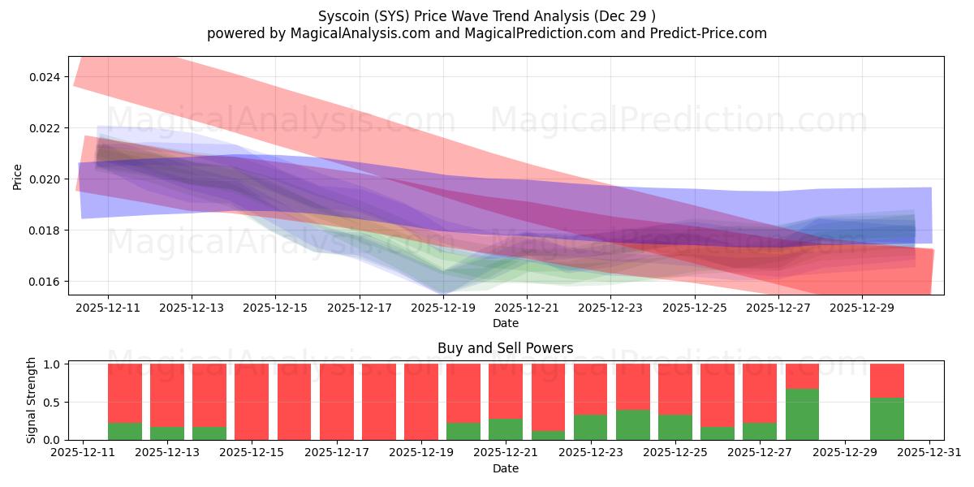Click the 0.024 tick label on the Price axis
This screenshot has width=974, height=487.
pyautogui.click(x=45, y=77)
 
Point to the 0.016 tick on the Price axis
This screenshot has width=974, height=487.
pyautogui.click(x=45, y=282)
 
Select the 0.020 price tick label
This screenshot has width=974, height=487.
pyautogui.click(x=45, y=179)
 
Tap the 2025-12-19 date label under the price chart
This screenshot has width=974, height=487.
pyautogui.click(x=443, y=308)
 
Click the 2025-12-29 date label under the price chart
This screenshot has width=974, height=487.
pyautogui.click(x=862, y=308)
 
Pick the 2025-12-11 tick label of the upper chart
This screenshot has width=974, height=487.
pyautogui.click(x=108, y=308)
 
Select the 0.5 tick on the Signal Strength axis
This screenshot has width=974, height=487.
pyautogui.click(x=52, y=403)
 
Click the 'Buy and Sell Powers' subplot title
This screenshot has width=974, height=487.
pyautogui.click(x=505, y=348)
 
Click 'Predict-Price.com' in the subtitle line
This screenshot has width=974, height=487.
pyautogui.click(x=703, y=33)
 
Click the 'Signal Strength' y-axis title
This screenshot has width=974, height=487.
pyautogui.click(x=32, y=400)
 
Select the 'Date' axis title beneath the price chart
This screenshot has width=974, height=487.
pyautogui.click(x=505, y=323)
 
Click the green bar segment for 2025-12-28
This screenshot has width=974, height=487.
pyautogui.click(x=802, y=414)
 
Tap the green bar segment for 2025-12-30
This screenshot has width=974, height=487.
pyautogui.click(x=886, y=419)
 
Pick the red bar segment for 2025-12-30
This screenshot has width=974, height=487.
pyautogui.click(x=886, y=380)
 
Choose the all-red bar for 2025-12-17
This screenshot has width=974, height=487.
pyautogui.click(x=337, y=402)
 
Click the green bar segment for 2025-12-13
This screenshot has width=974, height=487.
pyautogui.click(x=166, y=433)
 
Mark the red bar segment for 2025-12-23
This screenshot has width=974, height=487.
pyautogui.click(x=590, y=389)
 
